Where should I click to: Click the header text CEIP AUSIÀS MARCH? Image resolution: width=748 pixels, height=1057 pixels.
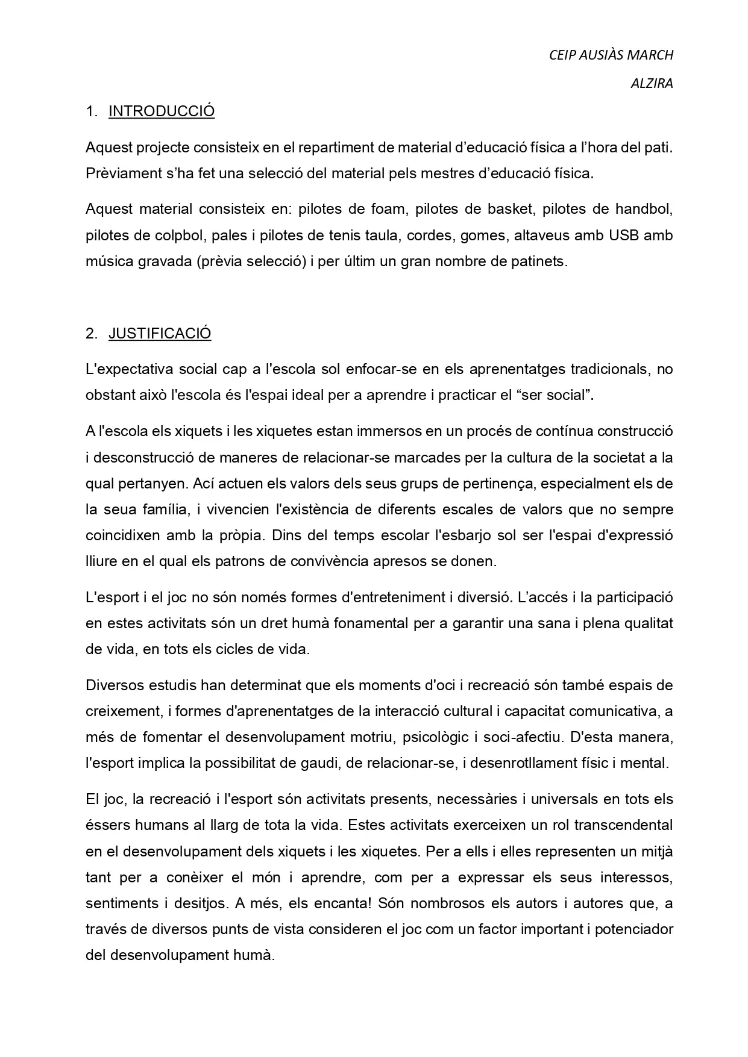tap(611, 55)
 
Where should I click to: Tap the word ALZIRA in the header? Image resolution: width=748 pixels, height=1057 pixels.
tap(652, 84)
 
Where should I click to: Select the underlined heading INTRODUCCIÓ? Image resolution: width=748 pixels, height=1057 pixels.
tap(162, 111)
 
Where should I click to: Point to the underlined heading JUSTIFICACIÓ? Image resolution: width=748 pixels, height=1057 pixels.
tap(160, 334)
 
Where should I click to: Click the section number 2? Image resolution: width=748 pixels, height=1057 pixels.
tap(91, 334)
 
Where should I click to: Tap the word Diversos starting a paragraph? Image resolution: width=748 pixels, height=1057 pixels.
tap(113, 685)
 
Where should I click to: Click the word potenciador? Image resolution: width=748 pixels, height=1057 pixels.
tap(633, 929)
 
